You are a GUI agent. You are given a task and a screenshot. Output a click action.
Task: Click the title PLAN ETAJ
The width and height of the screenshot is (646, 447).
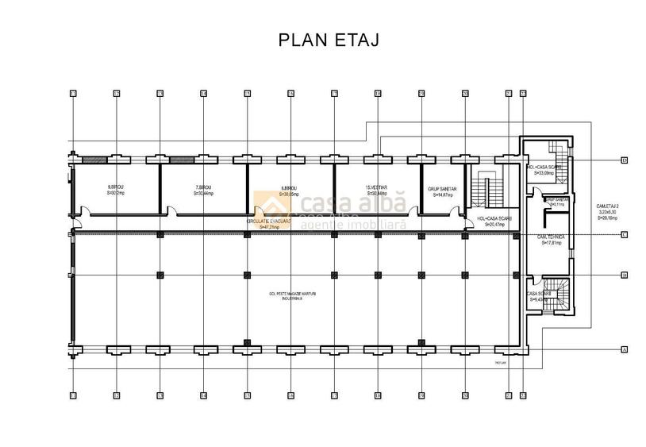point(329,40)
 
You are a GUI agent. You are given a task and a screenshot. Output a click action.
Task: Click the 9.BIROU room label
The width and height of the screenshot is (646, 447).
point(116,191)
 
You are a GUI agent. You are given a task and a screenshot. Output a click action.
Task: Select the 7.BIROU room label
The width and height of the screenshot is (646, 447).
point(203,191)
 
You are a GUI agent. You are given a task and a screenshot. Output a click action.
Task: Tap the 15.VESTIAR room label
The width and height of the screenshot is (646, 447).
point(376,191)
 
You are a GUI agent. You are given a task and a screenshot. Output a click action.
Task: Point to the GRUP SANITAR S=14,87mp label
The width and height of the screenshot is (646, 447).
point(440,191)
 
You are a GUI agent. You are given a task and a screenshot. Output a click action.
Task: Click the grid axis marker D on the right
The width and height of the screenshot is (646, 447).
point(625,160)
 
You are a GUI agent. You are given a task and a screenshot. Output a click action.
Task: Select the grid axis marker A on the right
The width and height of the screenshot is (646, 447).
point(625,349)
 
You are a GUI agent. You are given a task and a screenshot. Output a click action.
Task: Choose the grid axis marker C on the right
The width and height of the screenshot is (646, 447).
point(625,234)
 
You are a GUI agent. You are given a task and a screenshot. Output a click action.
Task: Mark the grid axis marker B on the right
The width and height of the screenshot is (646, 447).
point(625,276)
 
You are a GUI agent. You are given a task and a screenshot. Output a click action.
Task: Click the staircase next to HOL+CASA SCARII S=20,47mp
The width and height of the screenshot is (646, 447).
point(483,191)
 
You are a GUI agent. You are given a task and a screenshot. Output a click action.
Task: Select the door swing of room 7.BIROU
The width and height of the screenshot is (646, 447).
point(171,211)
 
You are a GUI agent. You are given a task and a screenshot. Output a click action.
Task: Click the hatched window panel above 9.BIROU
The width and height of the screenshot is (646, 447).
point(94,160)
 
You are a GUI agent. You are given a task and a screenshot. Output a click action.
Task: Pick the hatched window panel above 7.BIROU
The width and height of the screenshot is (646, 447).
point(182,160)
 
